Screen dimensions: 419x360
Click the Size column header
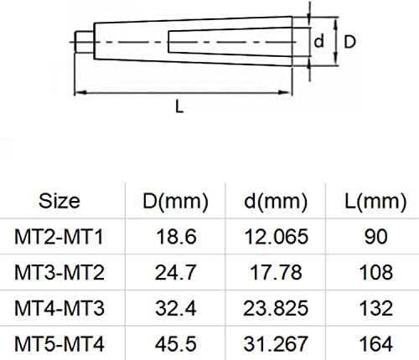pyautogui.click(x=59, y=201)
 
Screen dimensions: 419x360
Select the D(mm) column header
pyautogui.click(x=175, y=202)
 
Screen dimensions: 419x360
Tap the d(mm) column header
pyautogui.click(x=276, y=202)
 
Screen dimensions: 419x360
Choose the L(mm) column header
pyautogui.click(x=375, y=202)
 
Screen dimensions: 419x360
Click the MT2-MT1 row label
pyautogui.click(x=59, y=237)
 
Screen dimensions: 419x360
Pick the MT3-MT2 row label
pyautogui.click(x=59, y=273)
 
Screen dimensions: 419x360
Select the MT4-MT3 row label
pyautogui.click(x=59, y=308)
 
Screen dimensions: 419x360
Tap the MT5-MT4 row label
pyautogui.click(x=59, y=344)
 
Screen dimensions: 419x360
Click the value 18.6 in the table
pyautogui.click(x=176, y=237)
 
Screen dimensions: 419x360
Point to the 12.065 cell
pyautogui.click(x=276, y=237)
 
